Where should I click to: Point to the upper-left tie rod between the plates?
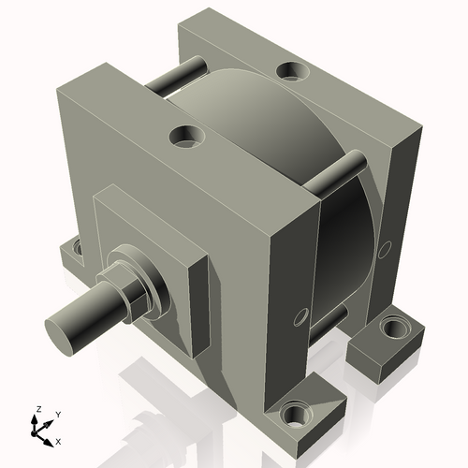pos(178,76)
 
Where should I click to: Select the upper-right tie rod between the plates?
pos(338,172)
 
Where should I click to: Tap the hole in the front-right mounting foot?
pos(299,412)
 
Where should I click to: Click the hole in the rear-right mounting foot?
pos(394,329)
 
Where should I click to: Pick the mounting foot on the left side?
pos(71,253)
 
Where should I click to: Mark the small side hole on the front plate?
pos(300,315)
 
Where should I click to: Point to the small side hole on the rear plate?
pos(383,252)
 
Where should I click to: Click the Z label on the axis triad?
pos(37,409)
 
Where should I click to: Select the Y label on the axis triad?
pos(57,413)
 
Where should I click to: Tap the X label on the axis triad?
pos(59,439)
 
